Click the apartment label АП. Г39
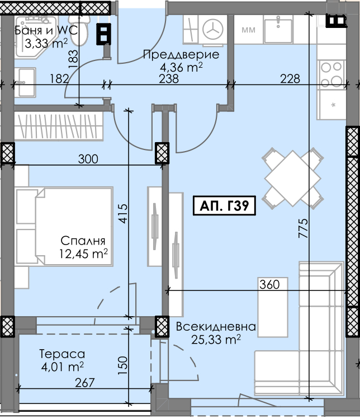click(224, 205)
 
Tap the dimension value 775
click(303, 228)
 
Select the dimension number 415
click(123, 214)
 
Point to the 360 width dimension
click(269, 284)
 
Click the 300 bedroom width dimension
click(88, 159)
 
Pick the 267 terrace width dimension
click(84, 383)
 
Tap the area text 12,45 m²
click(83, 253)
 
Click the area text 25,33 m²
click(216, 339)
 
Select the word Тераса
click(62, 354)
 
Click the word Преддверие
click(181, 55)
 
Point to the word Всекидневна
click(216, 327)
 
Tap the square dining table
click(292, 178)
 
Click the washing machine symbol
click(213, 29)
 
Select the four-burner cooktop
click(331, 74)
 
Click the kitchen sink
click(278, 29)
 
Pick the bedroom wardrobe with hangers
click(58, 126)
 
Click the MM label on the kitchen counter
click(248, 30)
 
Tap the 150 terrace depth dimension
click(123, 365)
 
